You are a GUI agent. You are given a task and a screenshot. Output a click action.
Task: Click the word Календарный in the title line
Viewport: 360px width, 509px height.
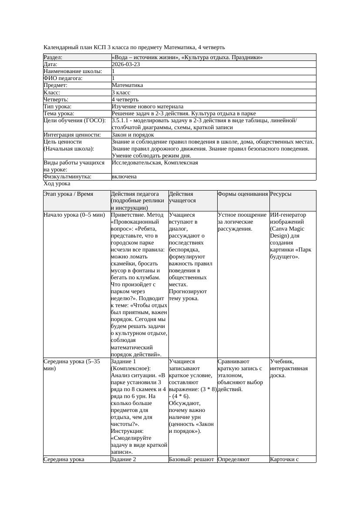[x=60, y=47]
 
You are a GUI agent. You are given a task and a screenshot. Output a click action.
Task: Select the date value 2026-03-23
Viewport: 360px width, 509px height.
[x=126, y=64]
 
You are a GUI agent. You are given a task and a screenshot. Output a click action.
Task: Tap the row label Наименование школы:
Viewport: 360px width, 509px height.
[x=73, y=71]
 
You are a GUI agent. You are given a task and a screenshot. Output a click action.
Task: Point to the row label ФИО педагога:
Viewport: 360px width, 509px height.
[x=63, y=78]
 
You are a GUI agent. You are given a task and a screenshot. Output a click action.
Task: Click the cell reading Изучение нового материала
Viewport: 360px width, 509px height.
[x=147, y=106]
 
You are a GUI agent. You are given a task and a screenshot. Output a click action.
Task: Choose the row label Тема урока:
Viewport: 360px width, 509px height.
[x=59, y=113]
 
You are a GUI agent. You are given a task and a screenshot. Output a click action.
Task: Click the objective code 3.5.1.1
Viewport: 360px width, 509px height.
[x=121, y=121]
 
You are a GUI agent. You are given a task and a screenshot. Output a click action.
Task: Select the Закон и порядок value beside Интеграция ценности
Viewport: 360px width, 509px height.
[x=133, y=134]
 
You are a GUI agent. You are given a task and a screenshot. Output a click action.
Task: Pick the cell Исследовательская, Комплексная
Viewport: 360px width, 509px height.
[x=155, y=163]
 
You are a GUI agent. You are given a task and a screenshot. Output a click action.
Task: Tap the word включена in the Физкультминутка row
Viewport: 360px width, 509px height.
[x=124, y=177]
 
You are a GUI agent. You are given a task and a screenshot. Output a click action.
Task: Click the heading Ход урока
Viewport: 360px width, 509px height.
[x=57, y=184]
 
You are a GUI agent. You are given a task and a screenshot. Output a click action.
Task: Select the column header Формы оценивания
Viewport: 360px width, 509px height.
[x=242, y=194]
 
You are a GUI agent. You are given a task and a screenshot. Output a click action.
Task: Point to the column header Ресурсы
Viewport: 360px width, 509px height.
[x=281, y=194]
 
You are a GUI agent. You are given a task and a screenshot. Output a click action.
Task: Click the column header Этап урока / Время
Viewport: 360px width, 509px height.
[x=68, y=194]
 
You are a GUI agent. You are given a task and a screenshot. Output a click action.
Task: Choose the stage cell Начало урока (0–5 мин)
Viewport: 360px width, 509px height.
[x=74, y=215]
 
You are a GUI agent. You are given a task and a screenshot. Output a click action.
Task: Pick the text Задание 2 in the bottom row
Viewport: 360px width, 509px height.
[x=124, y=459]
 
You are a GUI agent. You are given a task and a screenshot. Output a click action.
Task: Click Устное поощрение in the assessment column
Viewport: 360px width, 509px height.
[x=242, y=215]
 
